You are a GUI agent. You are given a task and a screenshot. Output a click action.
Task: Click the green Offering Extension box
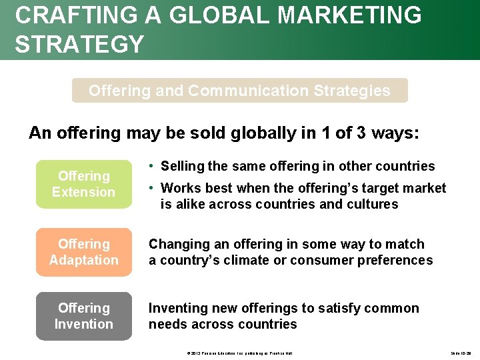(x=83, y=184)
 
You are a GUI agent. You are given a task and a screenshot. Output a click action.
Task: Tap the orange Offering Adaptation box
(x=83, y=252)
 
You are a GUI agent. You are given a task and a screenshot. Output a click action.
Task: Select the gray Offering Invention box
(x=83, y=316)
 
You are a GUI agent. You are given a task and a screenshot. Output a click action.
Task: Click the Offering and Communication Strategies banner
(x=239, y=91)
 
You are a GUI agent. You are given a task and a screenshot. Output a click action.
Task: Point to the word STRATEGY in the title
(x=79, y=44)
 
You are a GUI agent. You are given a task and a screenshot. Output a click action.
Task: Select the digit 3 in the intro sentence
(x=360, y=133)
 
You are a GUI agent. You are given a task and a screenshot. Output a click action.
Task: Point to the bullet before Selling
(x=153, y=166)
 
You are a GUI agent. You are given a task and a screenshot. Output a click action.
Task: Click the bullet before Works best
(x=153, y=188)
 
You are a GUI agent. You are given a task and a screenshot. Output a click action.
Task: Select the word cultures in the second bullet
(x=372, y=204)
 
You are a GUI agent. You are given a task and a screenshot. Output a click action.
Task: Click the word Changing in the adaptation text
(x=176, y=244)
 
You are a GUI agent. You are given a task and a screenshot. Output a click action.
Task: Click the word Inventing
(x=176, y=308)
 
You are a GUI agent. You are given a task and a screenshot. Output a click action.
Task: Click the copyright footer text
(x=239, y=352)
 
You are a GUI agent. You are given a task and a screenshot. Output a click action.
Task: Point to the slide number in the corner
(x=460, y=352)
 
